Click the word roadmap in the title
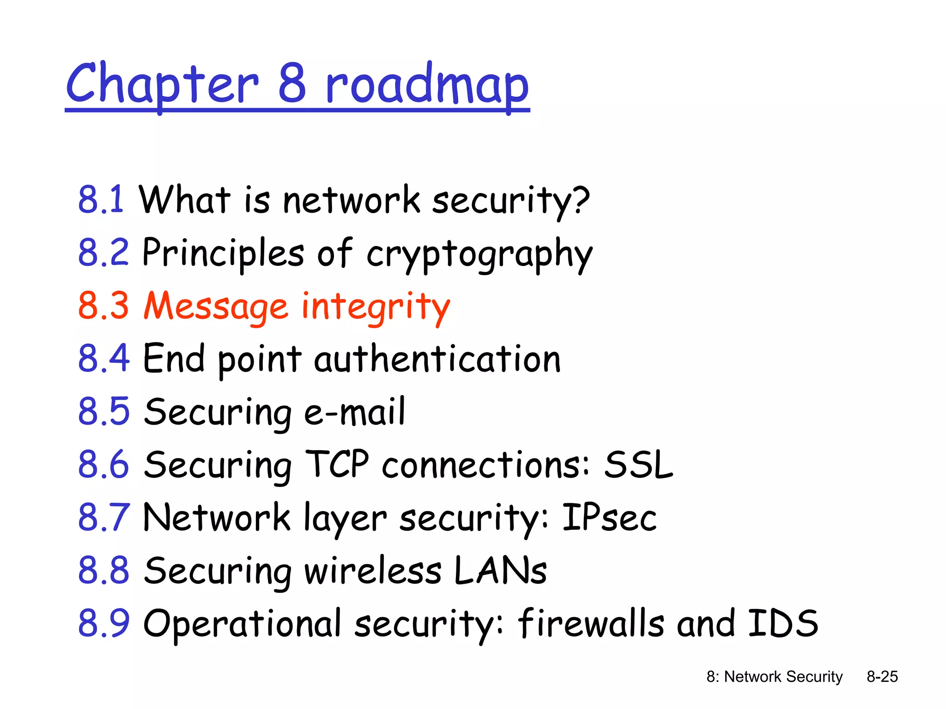tap(427, 85)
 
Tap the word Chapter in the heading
tap(162, 85)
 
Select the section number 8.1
tap(101, 200)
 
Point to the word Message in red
tap(216, 306)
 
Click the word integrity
tap(376, 307)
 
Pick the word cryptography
tap(479, 254)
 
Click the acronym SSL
tap(639, 465)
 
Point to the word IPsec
tap(609, 517)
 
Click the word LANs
tap(500, 571)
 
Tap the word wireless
tap(373, 571)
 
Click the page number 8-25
tap(882, 677)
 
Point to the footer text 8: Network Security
tap(774, 677)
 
